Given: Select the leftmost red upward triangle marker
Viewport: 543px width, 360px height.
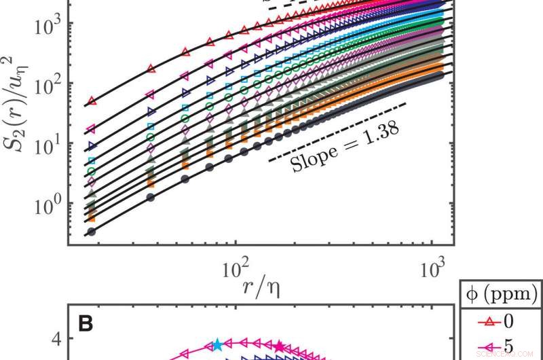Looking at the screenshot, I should coord(92,102).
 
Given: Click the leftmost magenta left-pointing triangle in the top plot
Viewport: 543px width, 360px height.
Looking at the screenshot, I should coord(92,128).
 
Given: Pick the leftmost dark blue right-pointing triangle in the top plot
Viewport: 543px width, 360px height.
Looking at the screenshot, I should coord(92,146).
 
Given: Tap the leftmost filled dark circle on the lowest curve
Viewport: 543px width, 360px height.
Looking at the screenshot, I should coord(92,232).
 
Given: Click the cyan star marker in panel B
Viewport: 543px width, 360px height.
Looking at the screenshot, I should coord(217,345).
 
